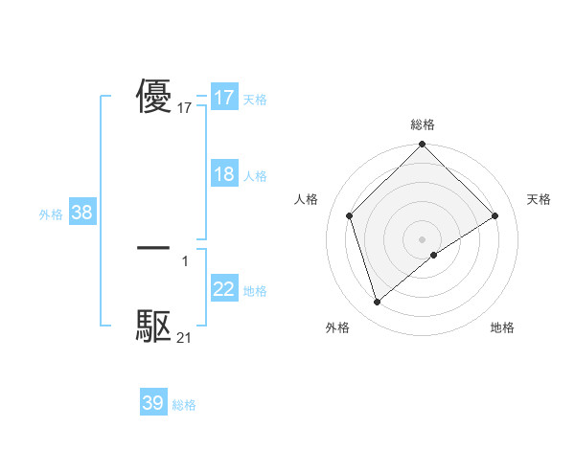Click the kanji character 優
tap(154, 97)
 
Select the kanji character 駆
tap(154, 326)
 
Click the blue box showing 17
tap(224, 98)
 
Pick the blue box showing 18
tap(224, 174)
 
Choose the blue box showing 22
tap(224, 289)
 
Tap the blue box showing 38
tap(81, 213)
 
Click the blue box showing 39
tap(153, 403)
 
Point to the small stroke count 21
tap(185, 338)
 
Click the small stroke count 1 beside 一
tap(184, 261)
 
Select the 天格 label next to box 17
tap(255, 100)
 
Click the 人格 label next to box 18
tap(255, 176)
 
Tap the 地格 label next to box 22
tap(255, 291)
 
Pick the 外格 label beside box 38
tap(51, 214)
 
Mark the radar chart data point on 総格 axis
tap(423, 146)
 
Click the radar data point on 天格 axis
tap(495, 215)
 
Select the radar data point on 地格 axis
tap(434, 255)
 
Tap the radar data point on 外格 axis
tap(377, 303)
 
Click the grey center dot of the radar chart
tap(423, 239)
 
